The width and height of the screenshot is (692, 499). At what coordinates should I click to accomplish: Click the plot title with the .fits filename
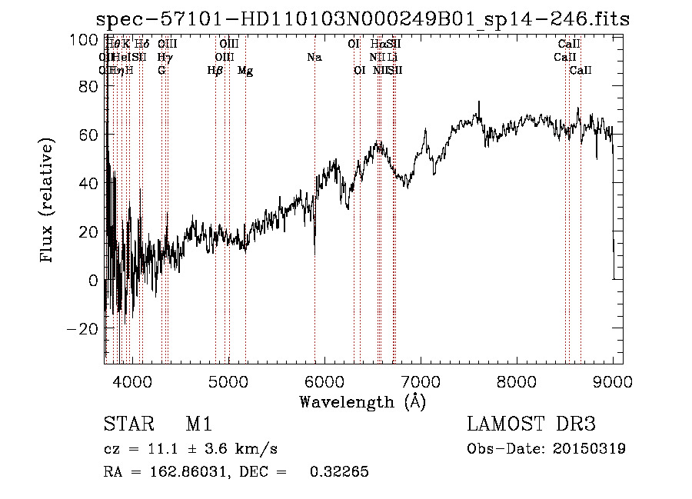pos(362,19)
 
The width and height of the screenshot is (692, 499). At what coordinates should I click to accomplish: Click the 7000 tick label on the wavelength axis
pos(421,381)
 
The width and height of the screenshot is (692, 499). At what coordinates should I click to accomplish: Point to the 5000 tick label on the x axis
pos(228,381)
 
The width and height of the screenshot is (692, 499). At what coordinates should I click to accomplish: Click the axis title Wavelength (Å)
pos(362,401)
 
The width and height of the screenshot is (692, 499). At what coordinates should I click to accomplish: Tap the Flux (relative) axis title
pos(48,201)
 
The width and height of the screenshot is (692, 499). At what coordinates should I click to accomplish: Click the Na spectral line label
pos(314,57)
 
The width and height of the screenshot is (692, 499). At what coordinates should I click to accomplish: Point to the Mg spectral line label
pos(245,70)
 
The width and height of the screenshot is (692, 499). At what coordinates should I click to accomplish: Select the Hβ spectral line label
pos(215,70)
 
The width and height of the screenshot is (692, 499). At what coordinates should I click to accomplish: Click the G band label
pos(161,70)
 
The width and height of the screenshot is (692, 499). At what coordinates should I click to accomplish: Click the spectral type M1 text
pos(198,424)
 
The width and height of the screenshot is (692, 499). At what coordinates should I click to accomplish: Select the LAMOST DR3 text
pos(531,424)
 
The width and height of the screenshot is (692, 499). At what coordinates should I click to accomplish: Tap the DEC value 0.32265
pos(338,471)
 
